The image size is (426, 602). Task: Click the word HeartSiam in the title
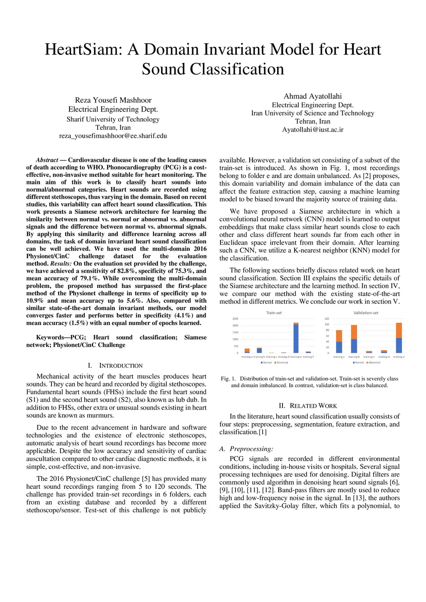(x=83, y=50)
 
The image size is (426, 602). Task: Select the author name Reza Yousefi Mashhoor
(x=113, y=100)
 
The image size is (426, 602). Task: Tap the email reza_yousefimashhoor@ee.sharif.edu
(x=113, y=136)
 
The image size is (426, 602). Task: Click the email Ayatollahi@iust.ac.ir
(x=312, y=129)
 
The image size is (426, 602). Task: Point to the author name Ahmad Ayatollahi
(x=312, y=96)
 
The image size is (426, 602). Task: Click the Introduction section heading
(x=116, y=366)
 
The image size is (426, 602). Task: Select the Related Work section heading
(x=308, y=406)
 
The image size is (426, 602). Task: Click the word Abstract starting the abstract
(x=47, y=160)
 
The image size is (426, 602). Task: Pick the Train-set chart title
(x=274, y=313)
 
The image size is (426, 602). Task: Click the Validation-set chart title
(x=366, y=313)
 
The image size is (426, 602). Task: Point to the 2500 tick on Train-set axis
(x=235, y=319)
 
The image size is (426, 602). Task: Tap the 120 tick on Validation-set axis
(x=327, y=319)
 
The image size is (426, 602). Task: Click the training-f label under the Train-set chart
(x=308, y=357)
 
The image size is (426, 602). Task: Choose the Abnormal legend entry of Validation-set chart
(x=374, y=362)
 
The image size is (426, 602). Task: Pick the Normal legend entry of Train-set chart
(x=267, y=362)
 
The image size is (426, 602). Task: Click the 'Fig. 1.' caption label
(x=228, y=379)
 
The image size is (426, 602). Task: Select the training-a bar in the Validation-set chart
(x=339, y=342)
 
